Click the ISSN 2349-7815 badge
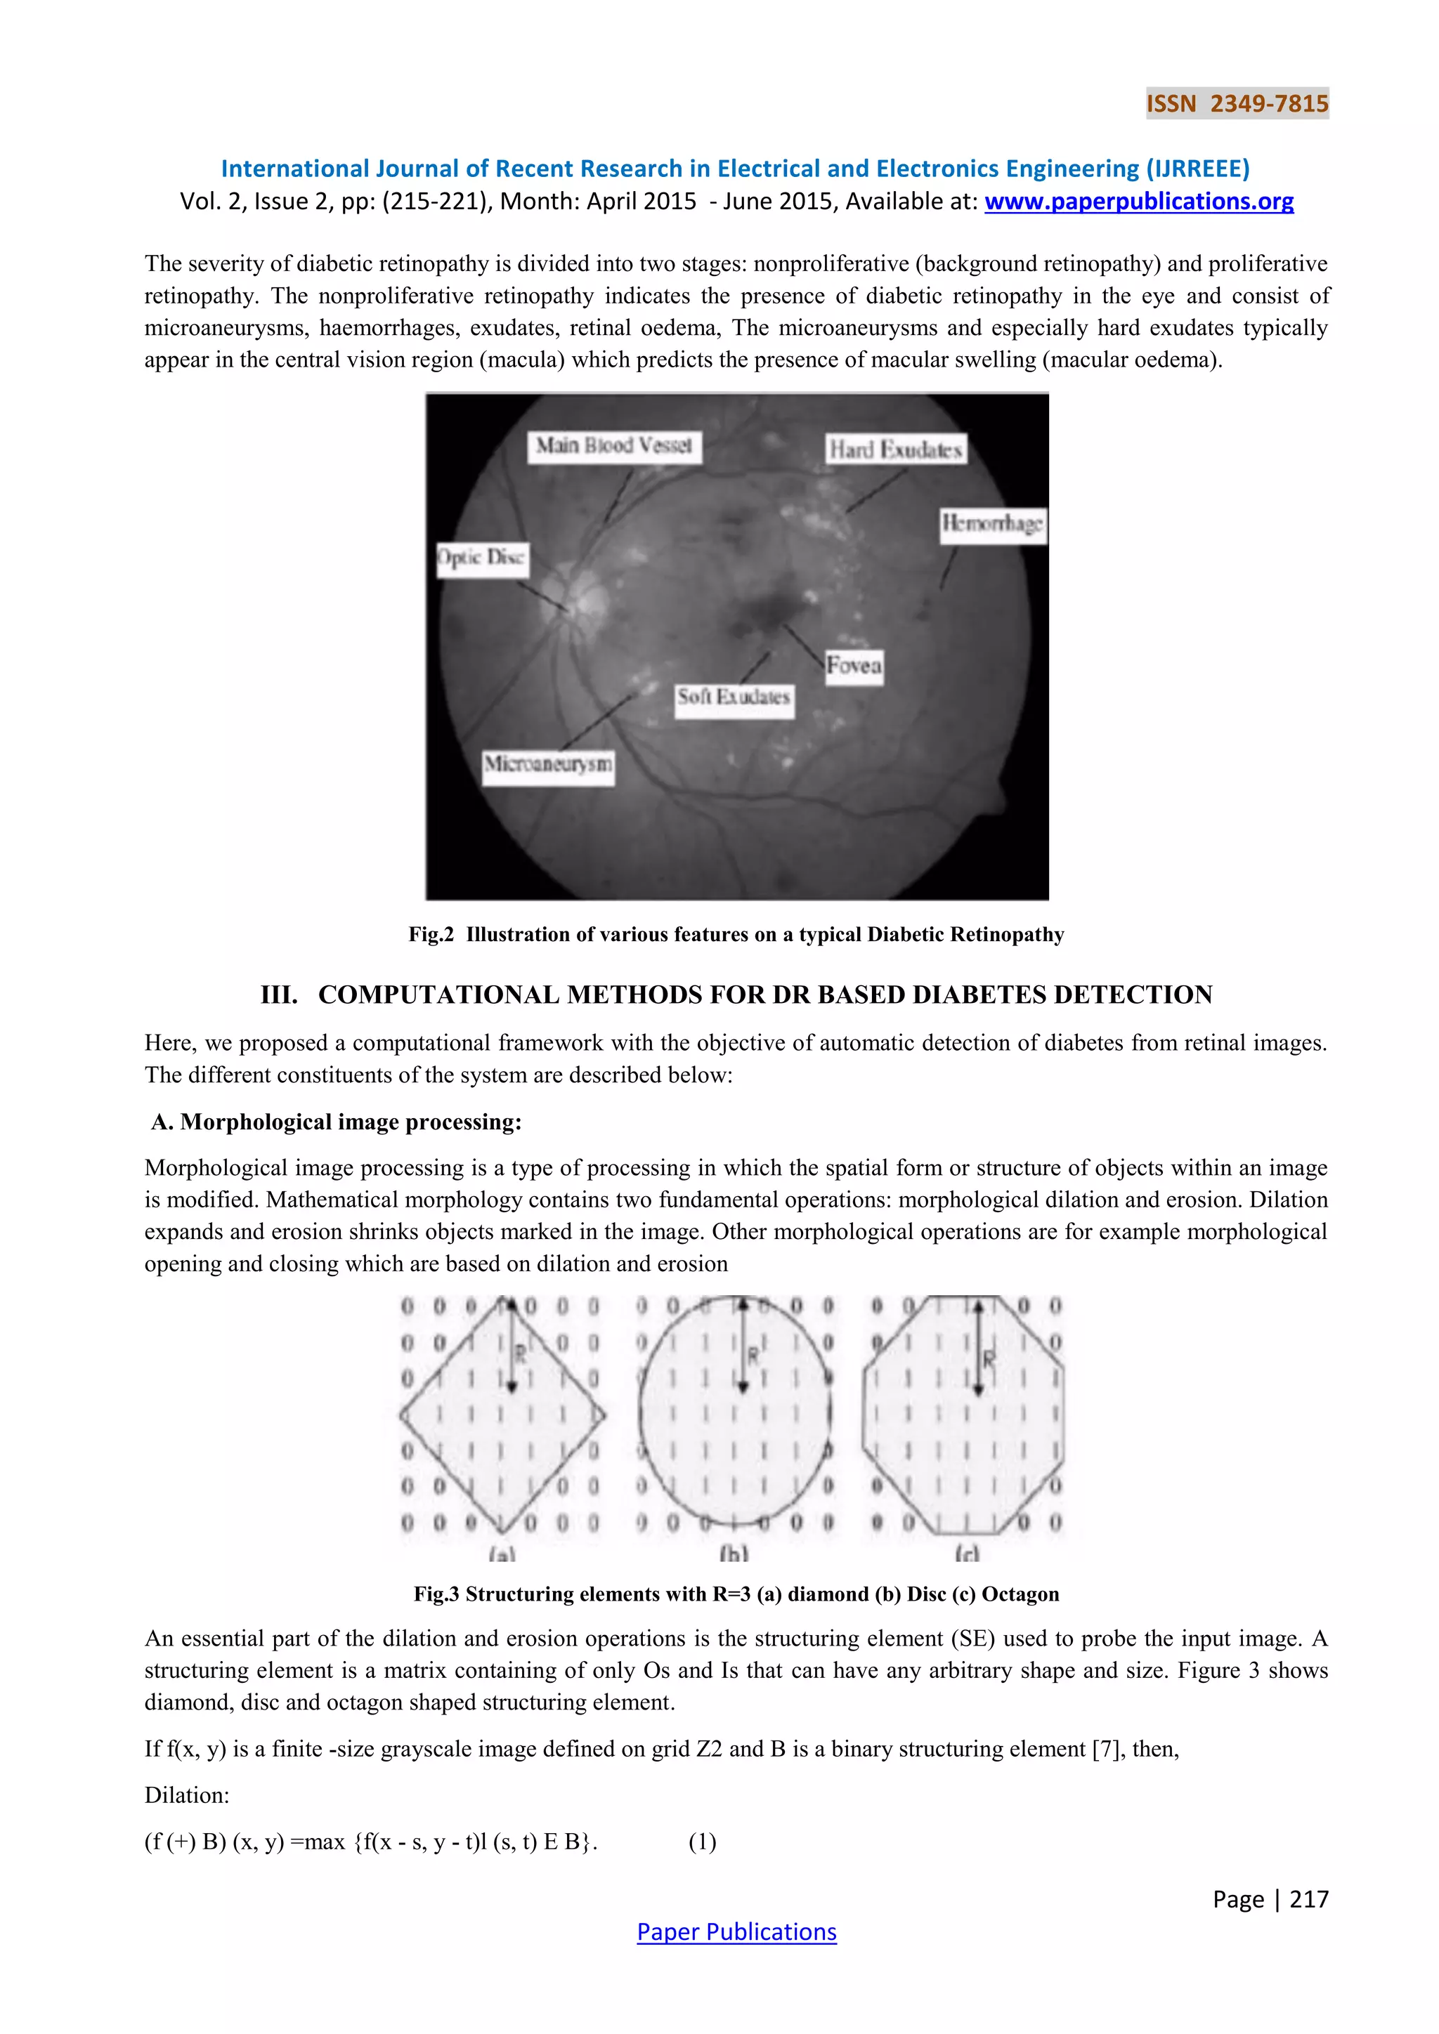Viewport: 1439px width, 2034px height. pos(1237,104)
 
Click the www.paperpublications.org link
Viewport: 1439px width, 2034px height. pos(1138,202)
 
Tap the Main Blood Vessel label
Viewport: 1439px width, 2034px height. pos(613,445)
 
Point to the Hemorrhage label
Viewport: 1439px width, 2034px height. pos(991,523)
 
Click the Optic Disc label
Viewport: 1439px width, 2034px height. pos(482,558)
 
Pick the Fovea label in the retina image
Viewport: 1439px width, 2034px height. pos(853,665)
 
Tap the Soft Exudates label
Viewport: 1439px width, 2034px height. pos(733,697)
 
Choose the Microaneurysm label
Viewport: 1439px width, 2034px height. pos(547,763)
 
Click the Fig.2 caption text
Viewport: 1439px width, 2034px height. pos(736,935)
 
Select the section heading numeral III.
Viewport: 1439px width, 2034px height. pos(279,995)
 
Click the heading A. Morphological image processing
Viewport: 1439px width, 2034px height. pos(337,1122)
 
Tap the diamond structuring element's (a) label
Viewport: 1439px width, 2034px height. pos(502,1554)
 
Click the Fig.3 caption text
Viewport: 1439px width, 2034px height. pos(736,1594)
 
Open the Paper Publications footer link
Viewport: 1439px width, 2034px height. pos(736,1932)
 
